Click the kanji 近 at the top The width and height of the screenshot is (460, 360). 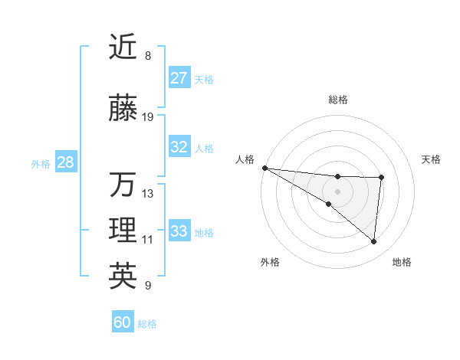click(x=123, y=47)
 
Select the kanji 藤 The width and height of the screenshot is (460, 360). click(x=123, y=109)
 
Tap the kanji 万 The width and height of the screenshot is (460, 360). click(x=123, y=185)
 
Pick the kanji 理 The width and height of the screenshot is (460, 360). click(x=123, y=231)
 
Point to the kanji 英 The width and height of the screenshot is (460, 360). click(x=123, y=277)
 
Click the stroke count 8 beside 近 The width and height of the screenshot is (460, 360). click(x=148, y=56)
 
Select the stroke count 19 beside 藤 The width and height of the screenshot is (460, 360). click(x=148, y=117)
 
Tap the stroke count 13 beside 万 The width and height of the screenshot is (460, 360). click(x=148, y=193)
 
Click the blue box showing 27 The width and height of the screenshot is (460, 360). click(x=179, y=78)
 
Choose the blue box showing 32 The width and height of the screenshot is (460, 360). click(x=179, y=147)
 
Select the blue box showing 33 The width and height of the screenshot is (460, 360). click(x=179, y=231)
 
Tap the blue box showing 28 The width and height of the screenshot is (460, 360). click(x=65, y=162)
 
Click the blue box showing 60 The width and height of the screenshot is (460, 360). click(x=123, y=322)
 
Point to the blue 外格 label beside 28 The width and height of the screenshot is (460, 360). click(x=41, y=163)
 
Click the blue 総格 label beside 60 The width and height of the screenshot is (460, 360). click(x=147, y=324)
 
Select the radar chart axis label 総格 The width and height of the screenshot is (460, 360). click(x=337, y=100)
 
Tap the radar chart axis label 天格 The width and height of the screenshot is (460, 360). click(x=432, y=159)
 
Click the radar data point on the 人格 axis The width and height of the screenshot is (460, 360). click(x=264, y=167)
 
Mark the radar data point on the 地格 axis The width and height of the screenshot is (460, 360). click(x=374, y=242)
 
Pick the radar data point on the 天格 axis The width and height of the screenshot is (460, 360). click(x=381, y=178)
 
